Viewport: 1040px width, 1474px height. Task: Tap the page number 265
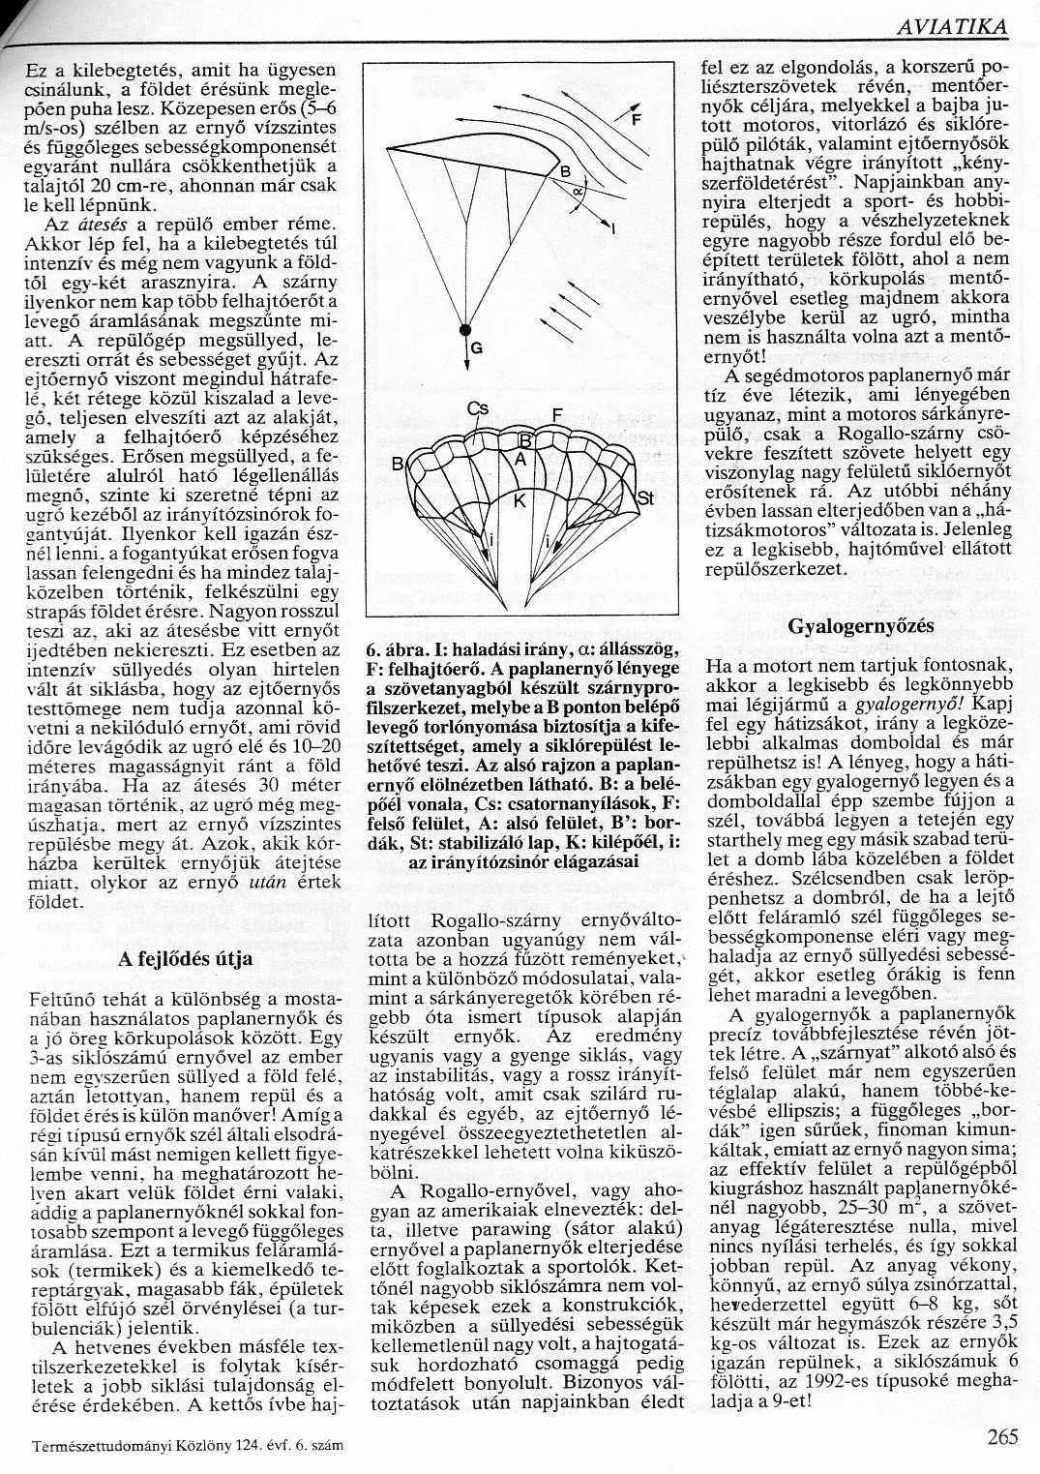pyautogui.click(x=1002, y=1436)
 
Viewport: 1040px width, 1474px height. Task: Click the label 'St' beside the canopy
pyautogui.click(x=646, y=497)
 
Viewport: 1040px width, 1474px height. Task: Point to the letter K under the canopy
pyautogui.click(x=519, y=500)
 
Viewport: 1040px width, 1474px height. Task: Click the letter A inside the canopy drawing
pyautogui.click(x=519, y=462)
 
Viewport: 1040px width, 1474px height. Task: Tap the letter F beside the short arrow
pyautogui.click(x=635, y=121)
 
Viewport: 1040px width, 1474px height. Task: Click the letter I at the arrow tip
pyautogui.click(x=614, y=227)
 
